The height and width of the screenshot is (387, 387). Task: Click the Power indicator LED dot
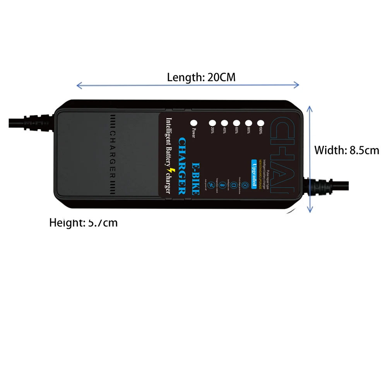click(x=193, y=123)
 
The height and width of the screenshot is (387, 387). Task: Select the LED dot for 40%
click(x=224, y=123)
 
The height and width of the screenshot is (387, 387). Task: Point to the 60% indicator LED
click(x=236, y=123)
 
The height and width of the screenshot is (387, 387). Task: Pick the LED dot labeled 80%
click(x=248, y=123)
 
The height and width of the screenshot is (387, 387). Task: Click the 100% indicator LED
click(x=260, y=123)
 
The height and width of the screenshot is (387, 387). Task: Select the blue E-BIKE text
click(x=196, y=178)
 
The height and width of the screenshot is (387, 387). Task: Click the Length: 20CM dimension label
click(x=201, y=77)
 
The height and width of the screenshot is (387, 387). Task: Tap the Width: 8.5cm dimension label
click(x=346, y=150)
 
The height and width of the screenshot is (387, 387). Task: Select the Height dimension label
click(x=83, y=223)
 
